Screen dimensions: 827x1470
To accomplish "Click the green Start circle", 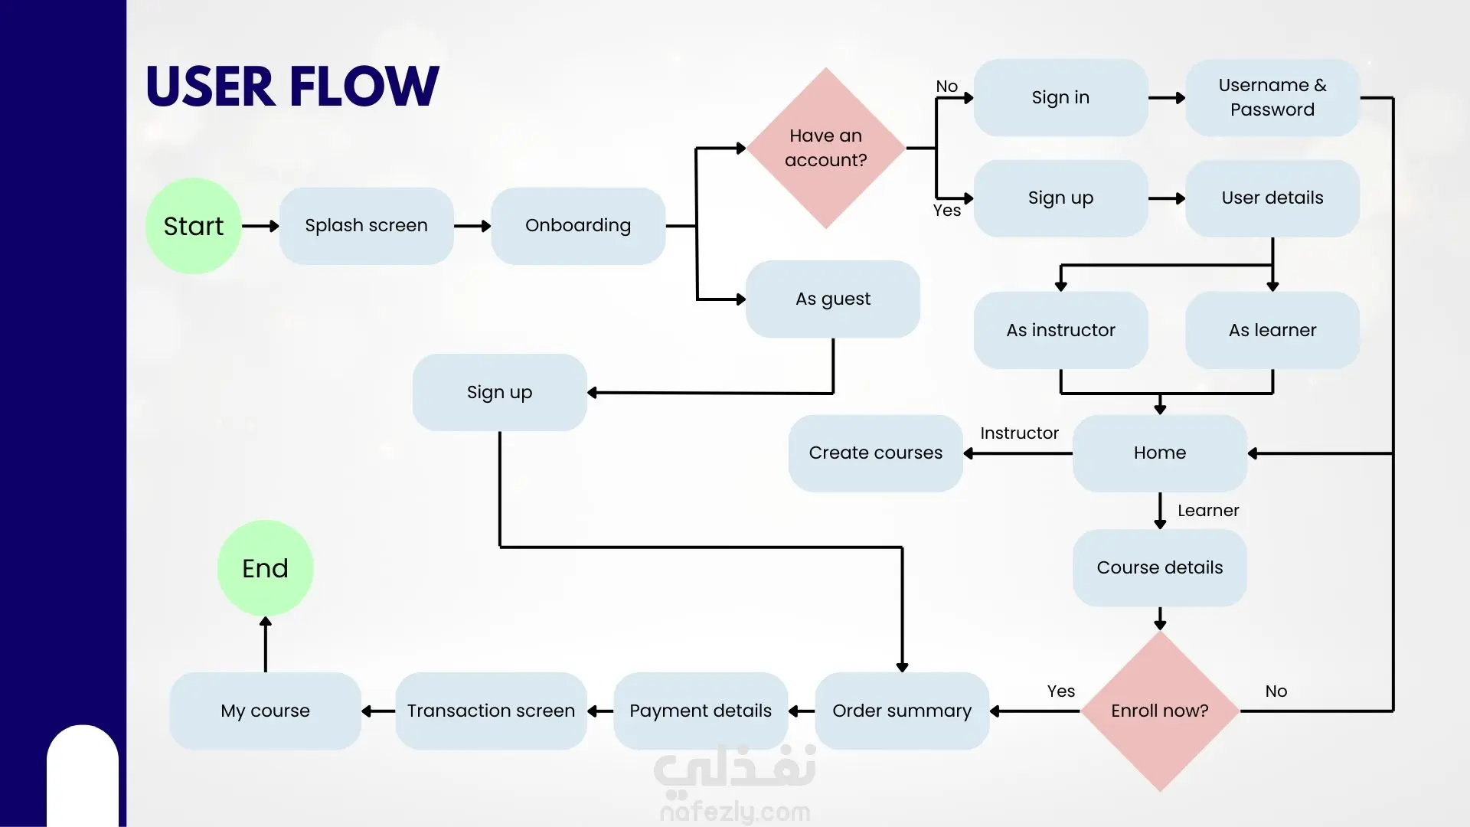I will [194, 226].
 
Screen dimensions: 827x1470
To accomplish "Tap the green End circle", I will [265, 568].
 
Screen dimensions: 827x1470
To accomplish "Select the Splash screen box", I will [366, 226].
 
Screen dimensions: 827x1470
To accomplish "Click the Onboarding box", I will [578, 226].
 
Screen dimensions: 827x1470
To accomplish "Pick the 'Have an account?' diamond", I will [825, 148].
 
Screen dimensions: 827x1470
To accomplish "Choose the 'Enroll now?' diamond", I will [1159, 711].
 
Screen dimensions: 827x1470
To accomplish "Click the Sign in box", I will [1060, 98].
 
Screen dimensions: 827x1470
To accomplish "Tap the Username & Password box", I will [1272, 98].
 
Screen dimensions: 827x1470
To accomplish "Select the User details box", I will [1272, 198].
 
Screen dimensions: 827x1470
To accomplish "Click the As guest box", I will [832, 299].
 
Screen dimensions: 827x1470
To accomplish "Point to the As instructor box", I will [1060, 330].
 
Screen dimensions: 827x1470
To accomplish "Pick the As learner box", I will [1272, 330].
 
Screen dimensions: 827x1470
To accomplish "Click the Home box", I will [1159, 453].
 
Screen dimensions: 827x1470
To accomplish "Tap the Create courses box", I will [875, 453].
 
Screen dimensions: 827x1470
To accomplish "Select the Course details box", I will [1159, 568].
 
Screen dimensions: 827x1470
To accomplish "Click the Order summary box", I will [901, 711].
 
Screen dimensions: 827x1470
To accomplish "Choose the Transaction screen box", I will [491, 711].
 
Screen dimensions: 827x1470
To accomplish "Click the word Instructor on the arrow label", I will [1019, 433].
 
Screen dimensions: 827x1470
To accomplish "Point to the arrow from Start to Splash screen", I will [260, 226].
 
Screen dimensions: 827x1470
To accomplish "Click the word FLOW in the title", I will [364, 86].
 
